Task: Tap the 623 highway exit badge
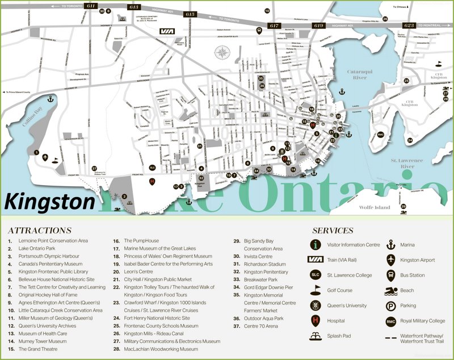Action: pyautogui.click(x=408, y=26)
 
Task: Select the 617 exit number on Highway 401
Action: pyautogui.click(x=274, y=26)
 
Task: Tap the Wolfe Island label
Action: pyautogui.click(x=375, y=207)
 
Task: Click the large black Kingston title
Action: pyautogui.click(x=50, y=202)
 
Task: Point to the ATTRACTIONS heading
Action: pyautogui.click(x=40, y=231)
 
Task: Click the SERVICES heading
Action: pyautogui.click(x=333, y=231)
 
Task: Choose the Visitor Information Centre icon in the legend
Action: pyautogui.click(x=316, y=245)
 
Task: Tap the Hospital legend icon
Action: pyautogui.click(x=316, y=321)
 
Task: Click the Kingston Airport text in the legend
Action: pyautogui.click(x=417, y=260)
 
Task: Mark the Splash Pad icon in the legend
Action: pyautogui.click(x=316, y=336)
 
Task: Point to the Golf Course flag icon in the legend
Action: pyautogui.click(x=316, y=290)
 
